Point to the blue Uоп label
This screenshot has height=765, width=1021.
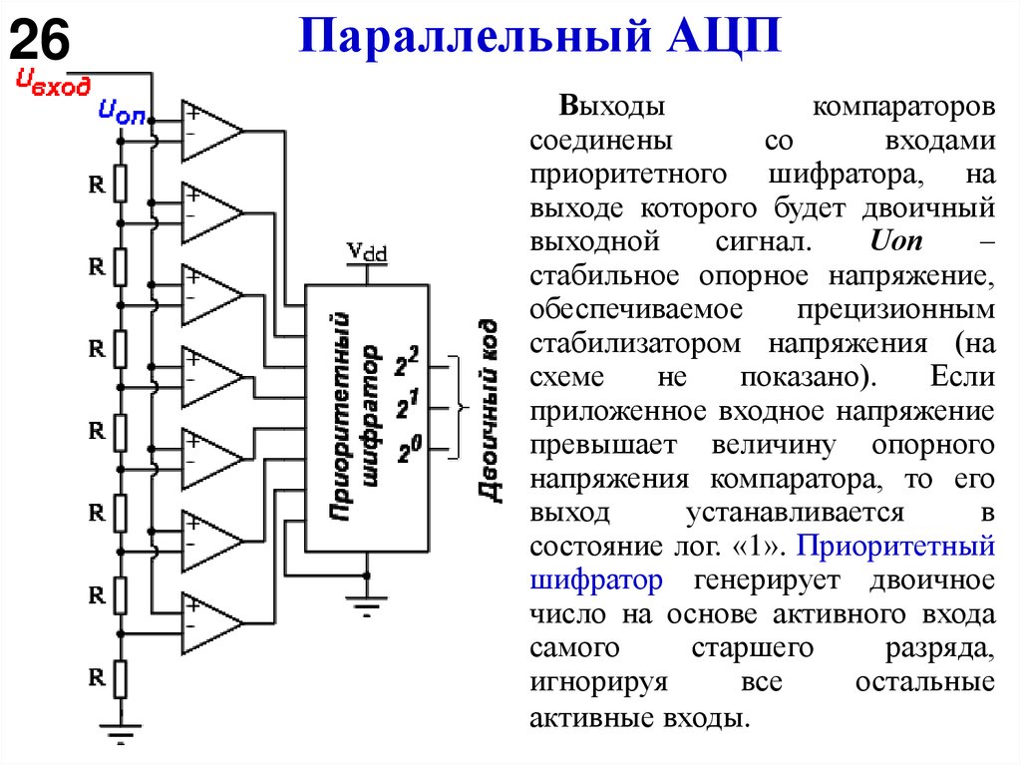121,113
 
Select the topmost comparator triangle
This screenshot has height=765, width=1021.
208,131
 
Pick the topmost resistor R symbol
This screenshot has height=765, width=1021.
120,185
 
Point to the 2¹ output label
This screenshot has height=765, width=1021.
406,406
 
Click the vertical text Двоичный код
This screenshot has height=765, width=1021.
488,409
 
